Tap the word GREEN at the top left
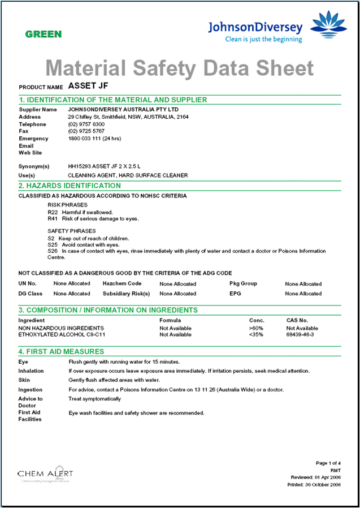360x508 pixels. pyautogui.click(x=44, y=35)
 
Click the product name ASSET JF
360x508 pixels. pyautogui.click(x=88, y=86)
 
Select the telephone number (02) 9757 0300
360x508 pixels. pyautogui.click(x=86, y=124)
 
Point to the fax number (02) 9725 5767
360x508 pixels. pyautogui.click(x=86, y=131)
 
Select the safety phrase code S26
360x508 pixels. pyautogui.click(x=53, y=251)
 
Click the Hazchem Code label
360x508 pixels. pyautogui.click(x=122, y=283)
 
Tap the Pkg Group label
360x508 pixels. pyautogui.click(x=243, y=283)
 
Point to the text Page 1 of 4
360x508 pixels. pyautogui.click(x=328, y=463)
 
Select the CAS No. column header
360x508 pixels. pyautogui.click(x=297, y=321)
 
